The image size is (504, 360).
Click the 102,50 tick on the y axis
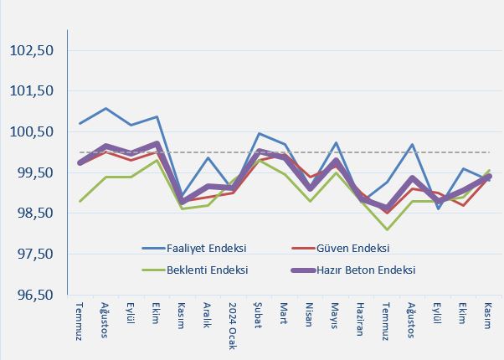tap(32, 50)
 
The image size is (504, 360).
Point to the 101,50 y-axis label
tap(32, 91)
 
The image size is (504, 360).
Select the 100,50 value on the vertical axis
tap(32, 132)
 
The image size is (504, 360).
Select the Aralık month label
tap(208, 316)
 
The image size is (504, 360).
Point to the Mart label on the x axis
tap(285, 311)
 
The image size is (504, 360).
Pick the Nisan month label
tap(310, 314)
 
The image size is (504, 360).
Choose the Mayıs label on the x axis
tap(336, 315)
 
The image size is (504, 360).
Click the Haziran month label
tap(361, 319)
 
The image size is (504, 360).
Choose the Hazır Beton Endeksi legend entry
tap(368, 270)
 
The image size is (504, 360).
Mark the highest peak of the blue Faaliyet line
tap(105, 108)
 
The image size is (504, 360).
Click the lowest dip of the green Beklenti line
tap(387, 229)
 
